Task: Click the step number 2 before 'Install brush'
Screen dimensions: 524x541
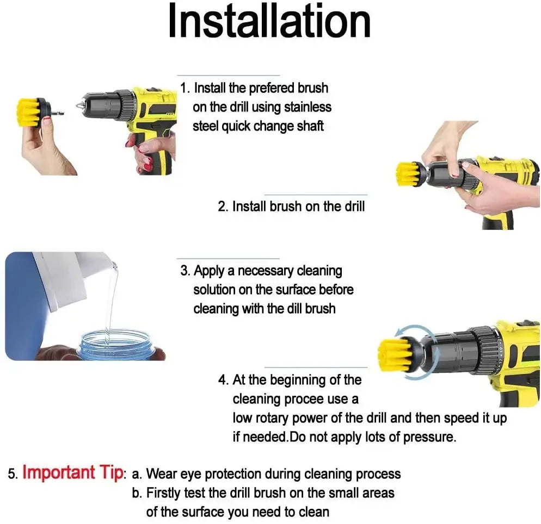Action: coord(222,207)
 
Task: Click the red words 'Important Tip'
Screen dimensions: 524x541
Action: coord(72,472)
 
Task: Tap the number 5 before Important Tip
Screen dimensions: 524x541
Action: coord(12,474)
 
